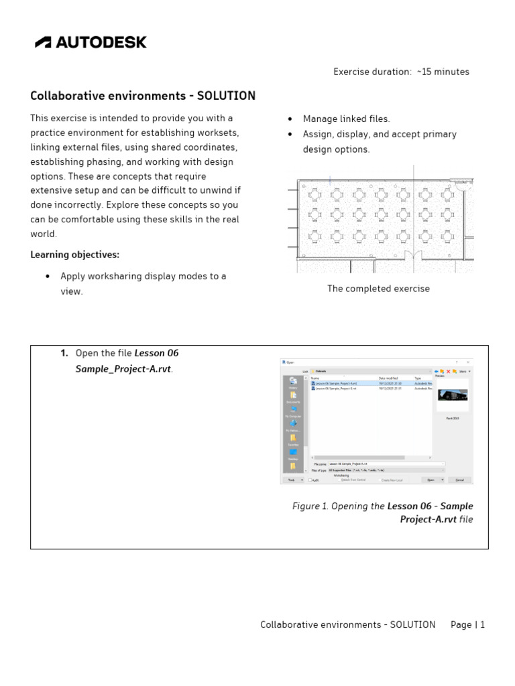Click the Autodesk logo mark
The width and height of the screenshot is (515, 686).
[43, 42]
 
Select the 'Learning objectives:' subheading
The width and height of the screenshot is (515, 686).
[74, 255]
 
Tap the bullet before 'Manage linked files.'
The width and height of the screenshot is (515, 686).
[289, 119]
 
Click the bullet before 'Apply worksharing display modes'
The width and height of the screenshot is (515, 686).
[48, 277]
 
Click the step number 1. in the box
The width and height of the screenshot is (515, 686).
[64, 353]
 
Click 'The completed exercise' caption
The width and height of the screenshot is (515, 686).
[378, 289]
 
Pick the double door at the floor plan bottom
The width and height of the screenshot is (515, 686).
[412, 257]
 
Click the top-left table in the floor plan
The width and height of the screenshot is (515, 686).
[314, 195]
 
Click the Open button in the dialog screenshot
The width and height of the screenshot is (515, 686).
[431, 480]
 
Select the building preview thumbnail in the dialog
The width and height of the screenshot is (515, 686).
[453, 396]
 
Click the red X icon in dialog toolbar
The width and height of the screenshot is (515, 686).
[448, 371]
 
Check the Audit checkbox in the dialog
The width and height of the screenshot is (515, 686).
[310, 480]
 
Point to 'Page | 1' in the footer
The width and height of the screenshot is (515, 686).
[467, 624]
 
